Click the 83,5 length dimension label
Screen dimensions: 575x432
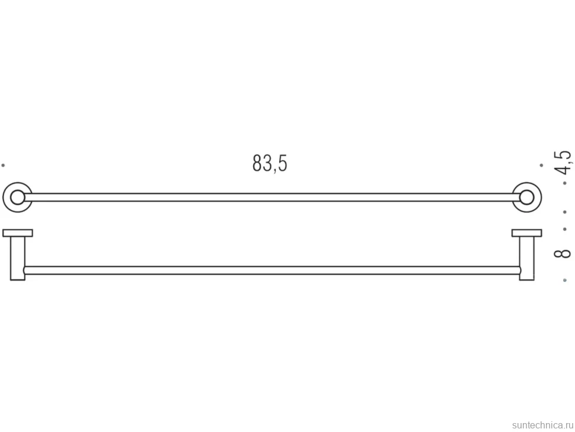[x=270, y=163]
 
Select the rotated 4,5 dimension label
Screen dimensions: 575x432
[x=563, y=162]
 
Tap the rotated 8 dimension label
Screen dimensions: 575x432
[x=563, y=253]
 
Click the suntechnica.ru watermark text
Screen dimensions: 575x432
[x=542, y=425]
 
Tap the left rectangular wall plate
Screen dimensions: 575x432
[x=18, y=233]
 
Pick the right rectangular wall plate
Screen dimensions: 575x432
[x=526, y=233]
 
